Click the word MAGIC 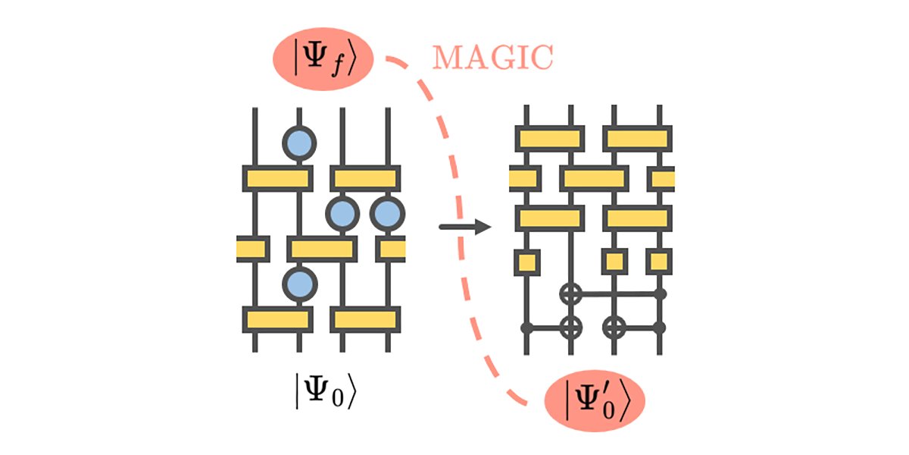pos(493,58)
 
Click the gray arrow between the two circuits pos(464,226)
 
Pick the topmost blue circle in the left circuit pos(299,142)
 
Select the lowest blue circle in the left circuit pos(299,284)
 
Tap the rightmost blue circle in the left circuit pos(388,214)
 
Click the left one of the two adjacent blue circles pos(343,214)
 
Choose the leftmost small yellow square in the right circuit pos(526,262)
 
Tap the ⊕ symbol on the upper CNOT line pos(570,293)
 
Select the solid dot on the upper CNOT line pos(660,293)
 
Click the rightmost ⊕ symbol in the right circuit pos(615,328)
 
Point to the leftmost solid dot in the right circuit pos(526,328)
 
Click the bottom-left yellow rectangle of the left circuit pos(277,319)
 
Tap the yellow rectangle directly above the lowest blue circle pos(321,249)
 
